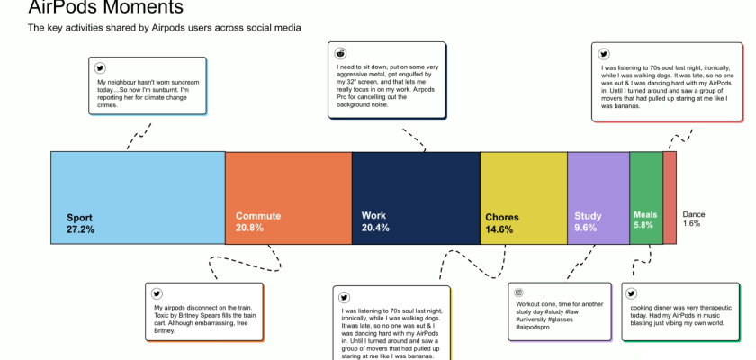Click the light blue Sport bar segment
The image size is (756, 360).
(x=138, y=198)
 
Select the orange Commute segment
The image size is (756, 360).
(x=288, y=198)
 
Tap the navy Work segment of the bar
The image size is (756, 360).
(x=416, y=198)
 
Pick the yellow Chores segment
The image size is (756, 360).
(x=524, y=198)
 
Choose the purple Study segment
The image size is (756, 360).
(x=598, y=198)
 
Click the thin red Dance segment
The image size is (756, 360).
(x=670, y=198)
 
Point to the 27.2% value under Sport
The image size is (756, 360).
(x=80, y=229)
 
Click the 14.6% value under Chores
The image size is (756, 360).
(x=499, y=229)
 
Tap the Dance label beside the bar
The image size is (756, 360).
(x=694, y=214)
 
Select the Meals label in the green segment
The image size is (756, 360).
(x=645, y=215)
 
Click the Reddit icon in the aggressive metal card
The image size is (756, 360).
(x=340, y=53)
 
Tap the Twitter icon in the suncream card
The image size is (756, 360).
(x=100, y=68)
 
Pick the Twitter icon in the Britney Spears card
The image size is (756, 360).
(x=157, y=293)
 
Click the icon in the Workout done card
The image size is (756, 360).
(x=519, y=292)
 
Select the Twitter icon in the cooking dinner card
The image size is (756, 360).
(x=631, y=293)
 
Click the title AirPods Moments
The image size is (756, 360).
(x=105, y=7)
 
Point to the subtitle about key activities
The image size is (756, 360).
(x=165, y=28)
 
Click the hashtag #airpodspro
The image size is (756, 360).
(x=533, y=328)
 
